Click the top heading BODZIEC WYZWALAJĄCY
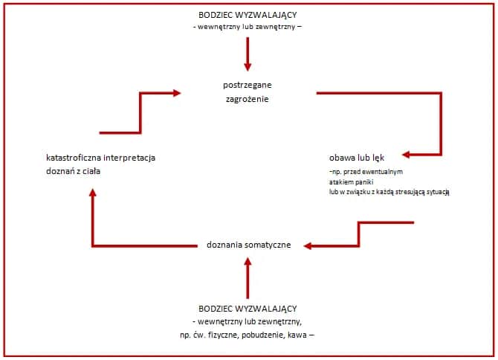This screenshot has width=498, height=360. tap(248, 16)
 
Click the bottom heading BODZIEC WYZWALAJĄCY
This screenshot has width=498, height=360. tap(248, 308)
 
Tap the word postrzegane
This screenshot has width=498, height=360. tap(248, 84)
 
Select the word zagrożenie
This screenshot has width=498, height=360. tap(248, 99)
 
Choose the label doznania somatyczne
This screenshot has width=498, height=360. tap(248, 245)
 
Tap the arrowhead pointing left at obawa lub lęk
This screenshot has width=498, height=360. tap(406, 156)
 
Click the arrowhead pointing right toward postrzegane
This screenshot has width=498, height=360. tap(176, 93)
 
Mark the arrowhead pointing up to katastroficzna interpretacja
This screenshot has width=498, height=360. tap(92, 193)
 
